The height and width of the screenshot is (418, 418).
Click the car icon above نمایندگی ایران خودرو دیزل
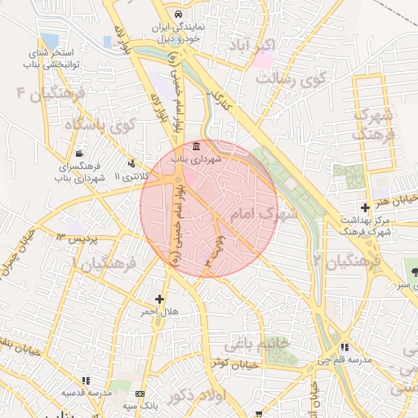(x=178, y=15)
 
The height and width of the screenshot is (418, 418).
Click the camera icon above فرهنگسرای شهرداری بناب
(x=78, y=153)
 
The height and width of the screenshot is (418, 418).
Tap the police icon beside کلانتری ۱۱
(x=131, y=162)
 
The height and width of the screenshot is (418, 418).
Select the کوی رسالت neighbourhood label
(x=291, y=80)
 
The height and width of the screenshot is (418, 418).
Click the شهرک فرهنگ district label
(x=377, y=122)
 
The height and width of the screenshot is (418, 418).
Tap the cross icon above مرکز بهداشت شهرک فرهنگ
(x=364, y=207)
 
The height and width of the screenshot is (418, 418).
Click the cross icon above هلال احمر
(x=159, y=299)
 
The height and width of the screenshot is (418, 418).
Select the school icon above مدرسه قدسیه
(x=85, y=380)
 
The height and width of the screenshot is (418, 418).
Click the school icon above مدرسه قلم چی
(x=344, y=346)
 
